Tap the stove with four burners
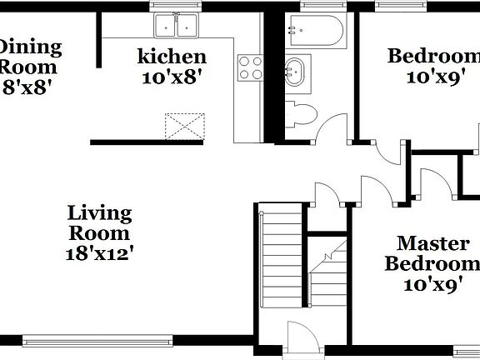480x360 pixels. (250, 67)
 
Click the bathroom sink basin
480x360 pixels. (295, 72)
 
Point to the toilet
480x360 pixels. (299, 113)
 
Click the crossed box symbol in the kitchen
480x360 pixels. (185, 126)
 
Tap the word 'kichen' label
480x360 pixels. (172, 57)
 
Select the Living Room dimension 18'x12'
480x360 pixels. (99, 252)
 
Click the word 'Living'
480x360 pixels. (100, 213)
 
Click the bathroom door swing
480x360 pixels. (333, 127)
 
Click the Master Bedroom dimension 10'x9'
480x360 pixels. (432, 285)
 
